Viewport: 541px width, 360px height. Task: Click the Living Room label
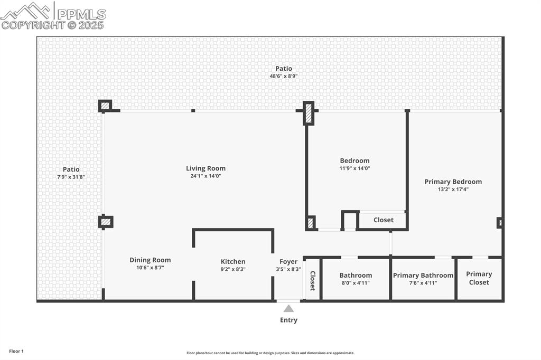(x=206, y=168)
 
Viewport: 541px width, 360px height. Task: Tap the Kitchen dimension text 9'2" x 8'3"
(x=232, y=269)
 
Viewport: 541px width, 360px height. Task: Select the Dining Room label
(x=150, y=260)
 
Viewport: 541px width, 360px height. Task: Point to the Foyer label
(x=288, y=261)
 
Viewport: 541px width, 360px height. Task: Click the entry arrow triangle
(x=288, y=308)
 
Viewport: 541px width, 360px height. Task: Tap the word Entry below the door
(x=288, y=320)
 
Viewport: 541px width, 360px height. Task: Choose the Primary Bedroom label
(x=453, y=182)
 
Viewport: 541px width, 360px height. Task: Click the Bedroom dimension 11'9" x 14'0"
(x=355, y=168)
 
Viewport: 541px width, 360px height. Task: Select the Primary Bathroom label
(x=423, y=275)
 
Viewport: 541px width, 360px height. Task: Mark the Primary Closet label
(x=479, y=278)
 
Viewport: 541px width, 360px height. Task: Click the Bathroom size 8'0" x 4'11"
(x=356, y=283)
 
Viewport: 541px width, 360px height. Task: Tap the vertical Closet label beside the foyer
(x=312, y=281)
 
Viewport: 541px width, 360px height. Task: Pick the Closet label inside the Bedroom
(x=383, y=220)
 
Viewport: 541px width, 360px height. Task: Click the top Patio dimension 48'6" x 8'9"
(x=284, y=76)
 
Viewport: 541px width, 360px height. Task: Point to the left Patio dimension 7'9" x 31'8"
(x=71, y=177)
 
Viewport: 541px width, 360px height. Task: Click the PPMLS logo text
(x=81, y=14)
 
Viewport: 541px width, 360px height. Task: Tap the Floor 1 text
(x=16, y=351)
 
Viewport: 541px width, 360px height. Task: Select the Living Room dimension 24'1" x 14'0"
(x=206, y=176)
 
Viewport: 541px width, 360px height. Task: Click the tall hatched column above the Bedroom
(x=309, y=113)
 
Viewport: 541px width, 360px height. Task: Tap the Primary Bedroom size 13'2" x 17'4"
(x=453, y=190)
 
